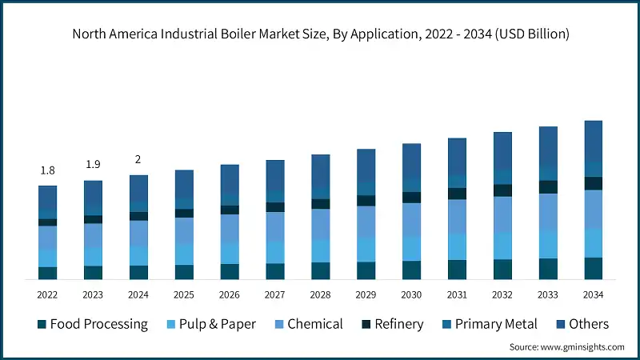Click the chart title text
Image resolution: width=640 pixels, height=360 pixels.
320,34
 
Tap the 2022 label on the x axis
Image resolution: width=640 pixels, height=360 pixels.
47,294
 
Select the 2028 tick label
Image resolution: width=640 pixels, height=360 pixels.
320,294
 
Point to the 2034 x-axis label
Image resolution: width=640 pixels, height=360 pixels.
593,294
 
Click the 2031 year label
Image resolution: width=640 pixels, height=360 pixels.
457,294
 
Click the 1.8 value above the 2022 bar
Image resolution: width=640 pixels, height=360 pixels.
47,170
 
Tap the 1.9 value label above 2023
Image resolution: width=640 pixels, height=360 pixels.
93,165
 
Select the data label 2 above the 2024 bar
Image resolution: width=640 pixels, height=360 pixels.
138,159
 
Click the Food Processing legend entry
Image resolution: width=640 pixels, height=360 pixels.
92,324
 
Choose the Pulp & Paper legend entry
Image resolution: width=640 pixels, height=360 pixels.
210,324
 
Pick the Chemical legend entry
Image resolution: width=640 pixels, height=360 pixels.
307,324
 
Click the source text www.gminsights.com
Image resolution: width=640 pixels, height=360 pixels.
566,347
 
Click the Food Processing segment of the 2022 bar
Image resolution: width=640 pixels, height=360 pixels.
47,273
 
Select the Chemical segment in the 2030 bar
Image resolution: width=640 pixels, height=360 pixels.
411,219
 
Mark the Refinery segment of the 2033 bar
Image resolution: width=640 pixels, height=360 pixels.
548,186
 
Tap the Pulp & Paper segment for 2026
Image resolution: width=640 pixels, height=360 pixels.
230,253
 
